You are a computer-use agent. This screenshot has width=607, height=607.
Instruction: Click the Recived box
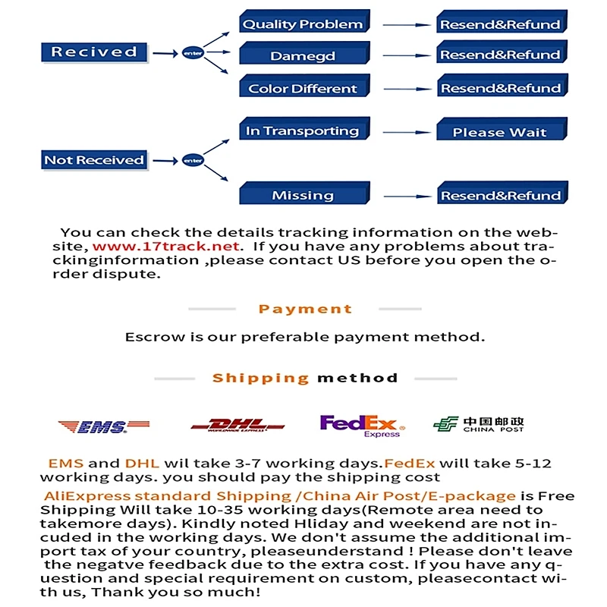93,52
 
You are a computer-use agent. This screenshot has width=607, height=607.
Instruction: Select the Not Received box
93,160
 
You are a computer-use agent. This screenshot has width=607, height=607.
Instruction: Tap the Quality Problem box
303,24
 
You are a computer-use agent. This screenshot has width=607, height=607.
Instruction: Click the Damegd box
303,56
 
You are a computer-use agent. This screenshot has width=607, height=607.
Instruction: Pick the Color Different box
303,88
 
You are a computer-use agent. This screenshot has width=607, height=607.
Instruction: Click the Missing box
303,195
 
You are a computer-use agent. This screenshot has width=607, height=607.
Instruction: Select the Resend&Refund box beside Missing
500,195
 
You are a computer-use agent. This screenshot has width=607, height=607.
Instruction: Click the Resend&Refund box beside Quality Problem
500,24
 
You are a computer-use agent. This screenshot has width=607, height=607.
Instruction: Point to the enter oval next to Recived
193,53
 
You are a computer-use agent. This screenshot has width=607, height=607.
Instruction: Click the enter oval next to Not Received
193,160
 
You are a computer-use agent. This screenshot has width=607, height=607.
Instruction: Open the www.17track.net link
167,247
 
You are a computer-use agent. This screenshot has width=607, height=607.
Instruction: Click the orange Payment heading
305,309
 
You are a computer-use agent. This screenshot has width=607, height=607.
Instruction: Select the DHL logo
237,426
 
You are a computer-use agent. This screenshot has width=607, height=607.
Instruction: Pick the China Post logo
479,425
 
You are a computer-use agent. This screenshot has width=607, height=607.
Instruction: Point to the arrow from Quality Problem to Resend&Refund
407,24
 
